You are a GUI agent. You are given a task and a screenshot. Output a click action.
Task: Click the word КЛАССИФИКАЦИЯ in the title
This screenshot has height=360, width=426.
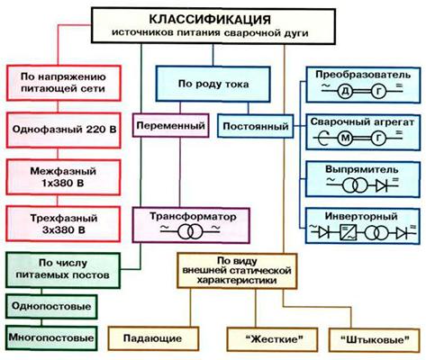(210, 20)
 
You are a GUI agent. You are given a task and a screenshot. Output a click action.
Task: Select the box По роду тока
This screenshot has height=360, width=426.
(213, 84)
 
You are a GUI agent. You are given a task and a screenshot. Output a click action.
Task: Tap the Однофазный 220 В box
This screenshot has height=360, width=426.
(64, 130)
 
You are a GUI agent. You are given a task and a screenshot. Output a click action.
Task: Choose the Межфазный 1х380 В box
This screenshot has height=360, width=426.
(63, 177)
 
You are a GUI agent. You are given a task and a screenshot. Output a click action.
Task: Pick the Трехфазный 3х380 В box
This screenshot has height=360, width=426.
(63, 224)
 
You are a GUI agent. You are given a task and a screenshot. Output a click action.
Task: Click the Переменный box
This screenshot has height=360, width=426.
(170, 125)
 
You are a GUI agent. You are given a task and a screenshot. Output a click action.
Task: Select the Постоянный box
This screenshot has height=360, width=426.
(256, 126)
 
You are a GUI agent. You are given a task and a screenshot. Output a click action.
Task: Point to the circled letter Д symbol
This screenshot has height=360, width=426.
(345, 92)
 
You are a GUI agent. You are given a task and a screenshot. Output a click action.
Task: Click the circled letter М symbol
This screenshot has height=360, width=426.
(346, 138)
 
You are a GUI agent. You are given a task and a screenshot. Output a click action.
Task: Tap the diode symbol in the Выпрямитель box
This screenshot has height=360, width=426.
(383, 186)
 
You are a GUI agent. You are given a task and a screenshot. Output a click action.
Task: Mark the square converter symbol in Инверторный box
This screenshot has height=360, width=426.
(349, 232)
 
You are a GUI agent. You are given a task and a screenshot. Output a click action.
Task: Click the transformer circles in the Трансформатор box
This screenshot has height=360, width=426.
(189, 231)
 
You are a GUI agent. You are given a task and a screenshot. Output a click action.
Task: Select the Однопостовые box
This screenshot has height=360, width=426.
(51, 306)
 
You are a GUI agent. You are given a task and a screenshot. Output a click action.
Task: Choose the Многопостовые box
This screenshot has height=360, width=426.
(51, 337)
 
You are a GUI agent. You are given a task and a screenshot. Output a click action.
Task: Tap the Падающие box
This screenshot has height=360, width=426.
(153, 338)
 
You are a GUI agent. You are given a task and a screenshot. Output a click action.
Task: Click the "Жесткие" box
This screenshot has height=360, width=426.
(272, 339)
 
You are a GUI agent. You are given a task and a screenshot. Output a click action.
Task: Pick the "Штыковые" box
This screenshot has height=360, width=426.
(375, 340)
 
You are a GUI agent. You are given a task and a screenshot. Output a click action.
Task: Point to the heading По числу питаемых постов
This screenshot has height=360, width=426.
(63, 269)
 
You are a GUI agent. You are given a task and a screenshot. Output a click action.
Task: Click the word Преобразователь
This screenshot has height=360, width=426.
(363, 75)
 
